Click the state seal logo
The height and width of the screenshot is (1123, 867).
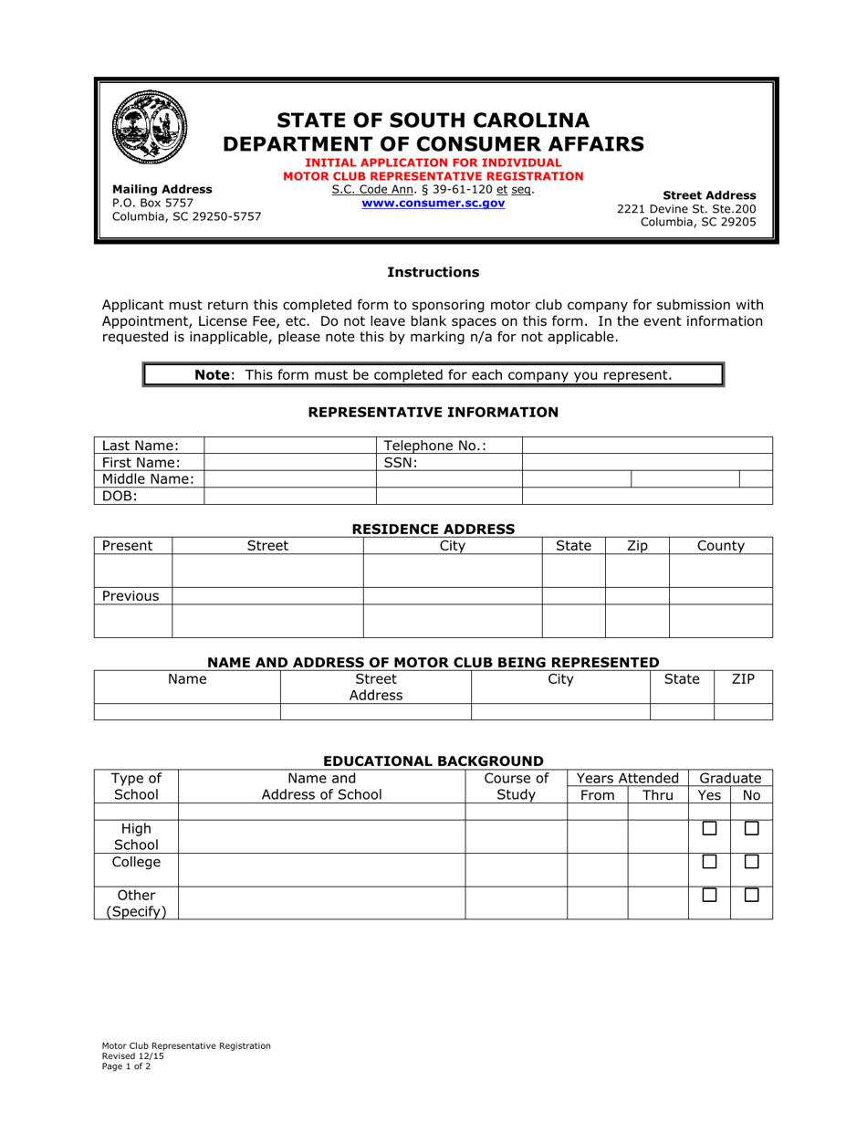point(149,127)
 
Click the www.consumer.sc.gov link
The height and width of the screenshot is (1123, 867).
point(433,204)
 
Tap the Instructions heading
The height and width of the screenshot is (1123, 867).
point(433,272)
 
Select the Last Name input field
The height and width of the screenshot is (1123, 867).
point(290,446)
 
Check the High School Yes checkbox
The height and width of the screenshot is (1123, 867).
point(709,829)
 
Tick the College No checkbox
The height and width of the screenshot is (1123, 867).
point(751,862)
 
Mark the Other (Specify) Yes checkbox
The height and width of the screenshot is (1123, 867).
point(709,896)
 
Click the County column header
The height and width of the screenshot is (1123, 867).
point(720,546)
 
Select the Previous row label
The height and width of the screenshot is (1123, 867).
point(131,596)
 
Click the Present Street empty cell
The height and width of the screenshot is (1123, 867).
point(267,571)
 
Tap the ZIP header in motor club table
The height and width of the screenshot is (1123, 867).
point(743,679)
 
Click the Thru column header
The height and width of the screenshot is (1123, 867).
point(657,795)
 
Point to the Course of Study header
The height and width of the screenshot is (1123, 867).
point(516,786)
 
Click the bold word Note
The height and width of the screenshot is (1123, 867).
point(213,374)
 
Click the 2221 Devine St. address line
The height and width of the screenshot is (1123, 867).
point(686,208)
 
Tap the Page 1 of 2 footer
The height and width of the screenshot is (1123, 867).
point(127,1065)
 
